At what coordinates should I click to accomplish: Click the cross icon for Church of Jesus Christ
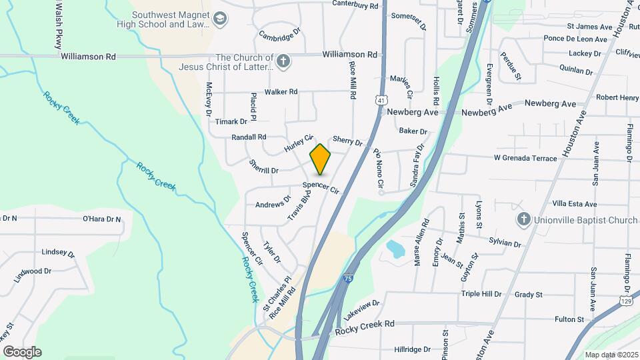283,62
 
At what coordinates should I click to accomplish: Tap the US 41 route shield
379,100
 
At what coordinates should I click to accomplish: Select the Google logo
22,352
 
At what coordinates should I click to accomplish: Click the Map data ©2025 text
610,355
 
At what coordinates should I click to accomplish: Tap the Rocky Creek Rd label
365,323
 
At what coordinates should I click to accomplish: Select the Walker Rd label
281,92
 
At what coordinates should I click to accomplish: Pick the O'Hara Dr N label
101,219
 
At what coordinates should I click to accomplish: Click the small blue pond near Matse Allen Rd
395,249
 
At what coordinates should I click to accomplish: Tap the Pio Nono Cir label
378,167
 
